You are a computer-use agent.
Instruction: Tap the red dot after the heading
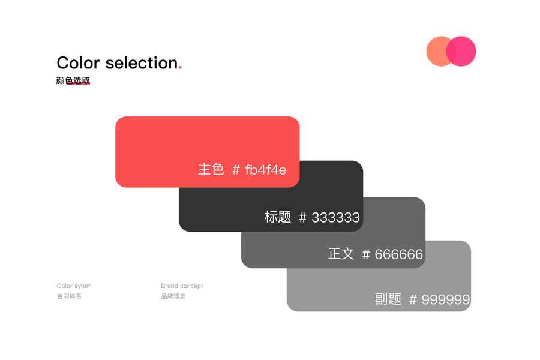click(180, 68)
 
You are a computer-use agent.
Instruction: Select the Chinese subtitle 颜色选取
click(73, 80)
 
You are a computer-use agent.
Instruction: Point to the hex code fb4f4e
click(266, 170)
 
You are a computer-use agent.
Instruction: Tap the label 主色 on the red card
click(211, 169)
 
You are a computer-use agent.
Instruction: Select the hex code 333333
click(335, 217)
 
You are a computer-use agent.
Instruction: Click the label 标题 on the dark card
click(278, 217)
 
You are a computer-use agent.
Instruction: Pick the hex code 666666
click(399, 254)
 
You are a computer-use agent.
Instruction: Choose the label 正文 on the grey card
click(341, 254)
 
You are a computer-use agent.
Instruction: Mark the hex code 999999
click(446, 299)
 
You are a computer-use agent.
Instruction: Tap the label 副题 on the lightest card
click(388, 299)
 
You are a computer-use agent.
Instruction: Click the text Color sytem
click(74, 286)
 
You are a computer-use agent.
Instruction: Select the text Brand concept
click(182, 286)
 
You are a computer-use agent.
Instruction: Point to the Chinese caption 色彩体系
click(69, 296)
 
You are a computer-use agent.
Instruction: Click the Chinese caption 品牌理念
click(173, 296)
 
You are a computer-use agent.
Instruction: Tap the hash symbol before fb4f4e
click(236, 170)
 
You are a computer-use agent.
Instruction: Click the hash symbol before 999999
click(413, 299)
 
